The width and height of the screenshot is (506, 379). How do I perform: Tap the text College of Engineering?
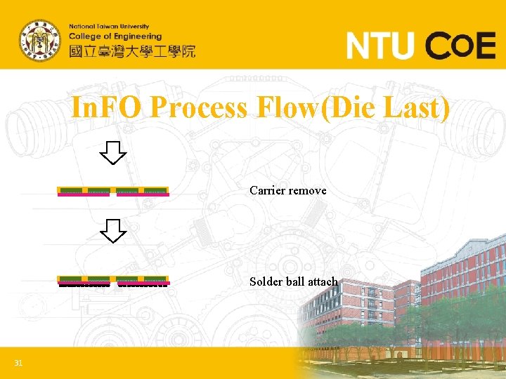click(115, 36)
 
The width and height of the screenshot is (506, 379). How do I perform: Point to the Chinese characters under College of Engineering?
click(131, 51)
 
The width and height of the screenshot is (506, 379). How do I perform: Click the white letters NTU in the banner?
click(379, 46)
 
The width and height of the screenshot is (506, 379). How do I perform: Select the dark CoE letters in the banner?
click(462, 46)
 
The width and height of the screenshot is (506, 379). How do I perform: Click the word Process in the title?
click(198, 108)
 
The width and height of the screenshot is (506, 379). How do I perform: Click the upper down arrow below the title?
click(112, 152)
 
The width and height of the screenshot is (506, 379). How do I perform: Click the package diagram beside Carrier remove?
click(112, 192)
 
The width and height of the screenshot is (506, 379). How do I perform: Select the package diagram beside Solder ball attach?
click(112, 281)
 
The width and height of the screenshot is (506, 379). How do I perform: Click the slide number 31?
click(18, 363)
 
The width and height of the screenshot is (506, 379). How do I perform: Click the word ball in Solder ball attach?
click(294, 281)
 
